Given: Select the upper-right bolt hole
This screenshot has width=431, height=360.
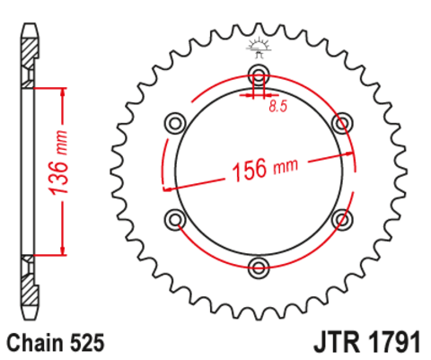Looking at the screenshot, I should [x=341, y=121].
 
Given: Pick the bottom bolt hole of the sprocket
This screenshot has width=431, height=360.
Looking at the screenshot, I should [x=259, y=266].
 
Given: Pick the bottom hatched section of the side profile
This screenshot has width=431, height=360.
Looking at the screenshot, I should [x=29, y=287].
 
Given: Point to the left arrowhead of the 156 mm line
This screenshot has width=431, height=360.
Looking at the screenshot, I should [x=166, y=189].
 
